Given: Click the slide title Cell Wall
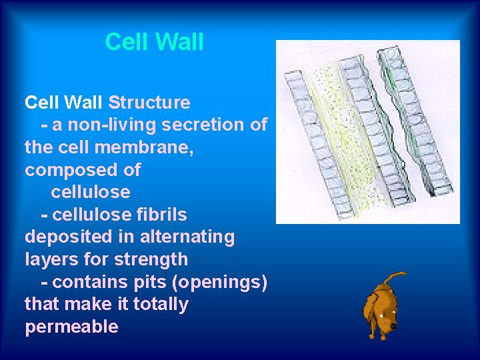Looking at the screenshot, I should point(154,42).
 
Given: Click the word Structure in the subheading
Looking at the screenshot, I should point(149,103).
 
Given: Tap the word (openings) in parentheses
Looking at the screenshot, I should point(219,282).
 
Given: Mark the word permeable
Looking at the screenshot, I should point(71,327).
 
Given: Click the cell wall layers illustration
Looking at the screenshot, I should point(367,131).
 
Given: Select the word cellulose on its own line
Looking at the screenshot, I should point(90,192).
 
